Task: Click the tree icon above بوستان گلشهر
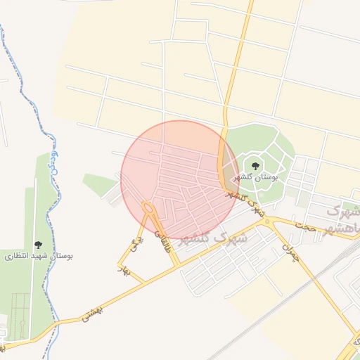point(255,167)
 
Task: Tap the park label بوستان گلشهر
point(255,178)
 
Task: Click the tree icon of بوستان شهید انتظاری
point(37,245)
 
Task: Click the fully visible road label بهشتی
point(91,310)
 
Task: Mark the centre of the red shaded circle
point(179,180)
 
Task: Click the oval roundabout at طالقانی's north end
point(148,208)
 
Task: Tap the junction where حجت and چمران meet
point(266,221)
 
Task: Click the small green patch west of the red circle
point(99,184)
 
